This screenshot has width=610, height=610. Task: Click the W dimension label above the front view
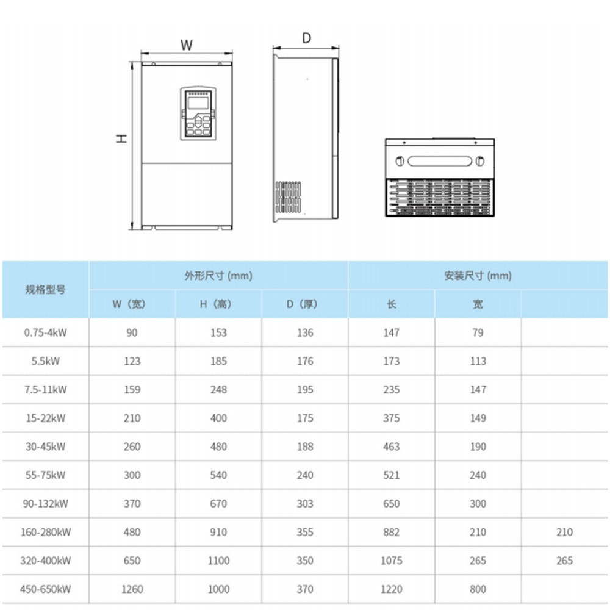(x=187, y=45)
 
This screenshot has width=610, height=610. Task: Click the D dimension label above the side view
(x=306, y=38)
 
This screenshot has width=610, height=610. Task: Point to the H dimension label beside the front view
(x=123, y=138)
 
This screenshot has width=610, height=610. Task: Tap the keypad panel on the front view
(x=198, y=114)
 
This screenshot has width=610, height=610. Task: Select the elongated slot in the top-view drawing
(x=439, y=162)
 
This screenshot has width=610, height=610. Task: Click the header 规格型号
(x=45, y=290)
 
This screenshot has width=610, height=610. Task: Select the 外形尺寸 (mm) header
(x=218, y=276)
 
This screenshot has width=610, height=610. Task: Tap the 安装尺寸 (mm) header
(x=478, y=276)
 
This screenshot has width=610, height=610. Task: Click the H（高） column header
(x=218, y=304)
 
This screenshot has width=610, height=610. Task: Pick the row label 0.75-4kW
(x=45, y=332)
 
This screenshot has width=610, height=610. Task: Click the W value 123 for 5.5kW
(x=132, y=361)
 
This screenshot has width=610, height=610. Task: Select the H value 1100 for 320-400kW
(x=218, y=561)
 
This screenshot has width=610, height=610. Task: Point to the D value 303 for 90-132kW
(x=305, y=504)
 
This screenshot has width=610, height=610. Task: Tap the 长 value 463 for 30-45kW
(x=391, y=447)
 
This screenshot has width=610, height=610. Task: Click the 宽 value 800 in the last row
(x=478, y=589)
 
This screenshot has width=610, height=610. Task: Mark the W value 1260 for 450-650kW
(x=132, y=589)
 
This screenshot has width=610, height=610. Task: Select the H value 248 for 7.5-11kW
(x=218, y=390)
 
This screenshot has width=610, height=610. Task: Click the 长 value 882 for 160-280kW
(x=391, y=533)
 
